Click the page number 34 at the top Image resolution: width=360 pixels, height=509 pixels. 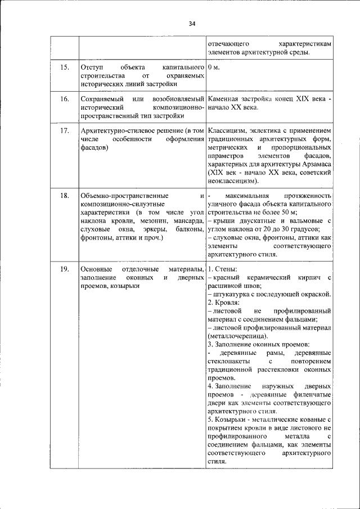[x=192, y=24]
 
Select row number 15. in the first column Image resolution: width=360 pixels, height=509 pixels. [x=64, y=67]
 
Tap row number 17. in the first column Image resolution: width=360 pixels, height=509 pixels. [x=64, y=130]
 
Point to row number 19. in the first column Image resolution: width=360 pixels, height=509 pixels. [x=64, y=270]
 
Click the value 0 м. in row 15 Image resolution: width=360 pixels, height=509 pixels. [x=213, y=67]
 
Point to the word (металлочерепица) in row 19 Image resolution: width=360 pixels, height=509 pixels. [x=237, y=335]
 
